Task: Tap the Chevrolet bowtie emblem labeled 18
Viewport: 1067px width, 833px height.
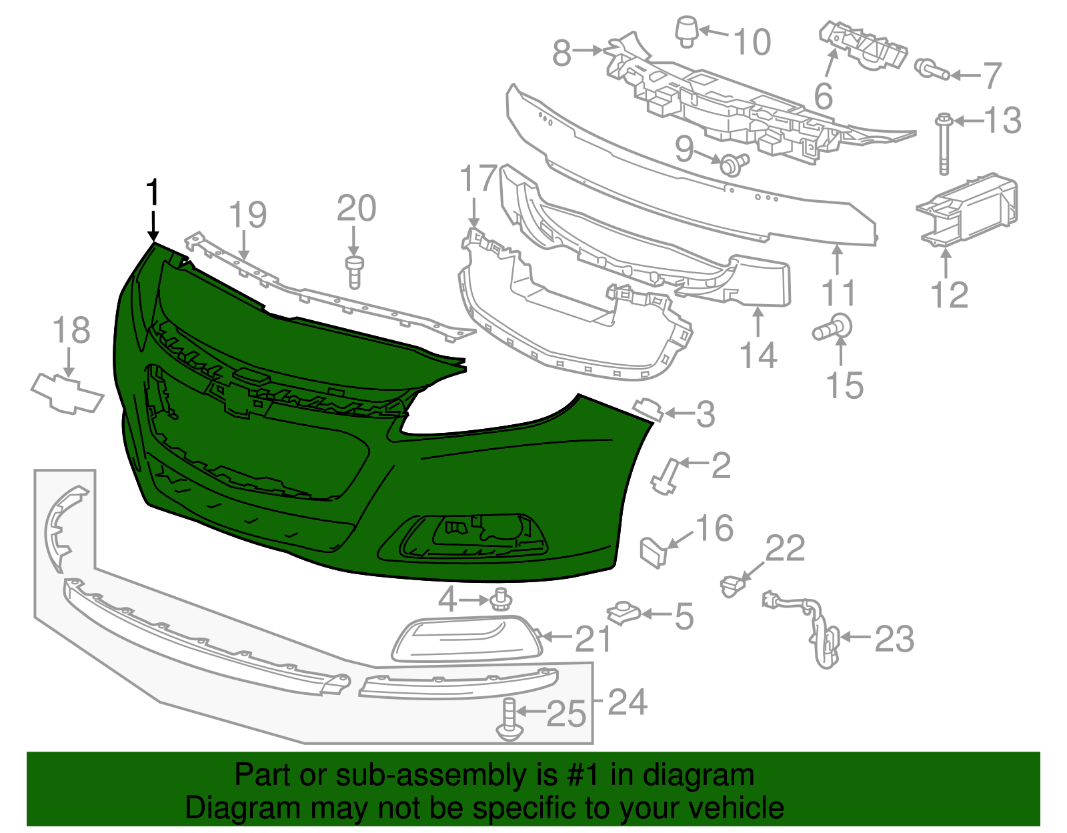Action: [67, 393]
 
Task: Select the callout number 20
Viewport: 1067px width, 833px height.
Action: [356, 209]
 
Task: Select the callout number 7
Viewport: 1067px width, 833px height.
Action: [992, 75]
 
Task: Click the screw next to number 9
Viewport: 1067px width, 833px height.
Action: [732, 163]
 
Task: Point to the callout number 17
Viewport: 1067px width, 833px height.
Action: [478, 179]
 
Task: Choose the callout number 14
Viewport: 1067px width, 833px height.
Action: [759, 355]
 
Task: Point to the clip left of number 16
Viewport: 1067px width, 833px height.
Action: [654, 552]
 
